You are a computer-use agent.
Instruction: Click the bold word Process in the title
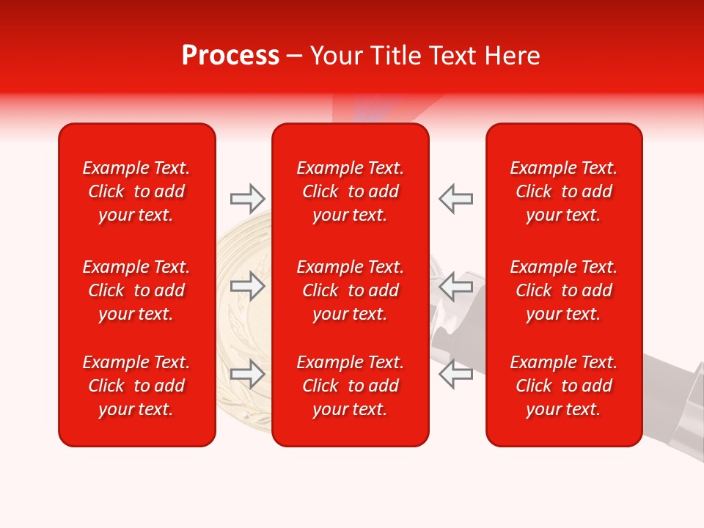click(230, 56)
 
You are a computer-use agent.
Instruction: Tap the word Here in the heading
click(513, 56)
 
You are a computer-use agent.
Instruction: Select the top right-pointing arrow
click(248, 198)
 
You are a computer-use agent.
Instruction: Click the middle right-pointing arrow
click(248, 286)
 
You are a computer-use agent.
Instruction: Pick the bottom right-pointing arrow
click(248, 374)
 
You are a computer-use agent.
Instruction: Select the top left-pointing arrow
click(455, 198)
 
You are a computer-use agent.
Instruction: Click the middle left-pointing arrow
click(455, 286)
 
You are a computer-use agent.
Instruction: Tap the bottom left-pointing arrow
click(455, 374)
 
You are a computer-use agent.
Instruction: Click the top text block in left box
click(136, 191)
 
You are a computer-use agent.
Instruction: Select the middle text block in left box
click(136, 290)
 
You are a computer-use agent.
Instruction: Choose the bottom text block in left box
click(136, 386)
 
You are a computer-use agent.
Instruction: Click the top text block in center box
click(351, 191)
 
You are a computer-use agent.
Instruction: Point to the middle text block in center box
click(351, 290)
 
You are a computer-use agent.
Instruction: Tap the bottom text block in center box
click(351, 386)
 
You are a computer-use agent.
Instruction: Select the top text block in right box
click(564, 191)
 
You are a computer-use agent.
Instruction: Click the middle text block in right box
click(564, 290)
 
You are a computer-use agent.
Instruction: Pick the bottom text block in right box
click(564, 386)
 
